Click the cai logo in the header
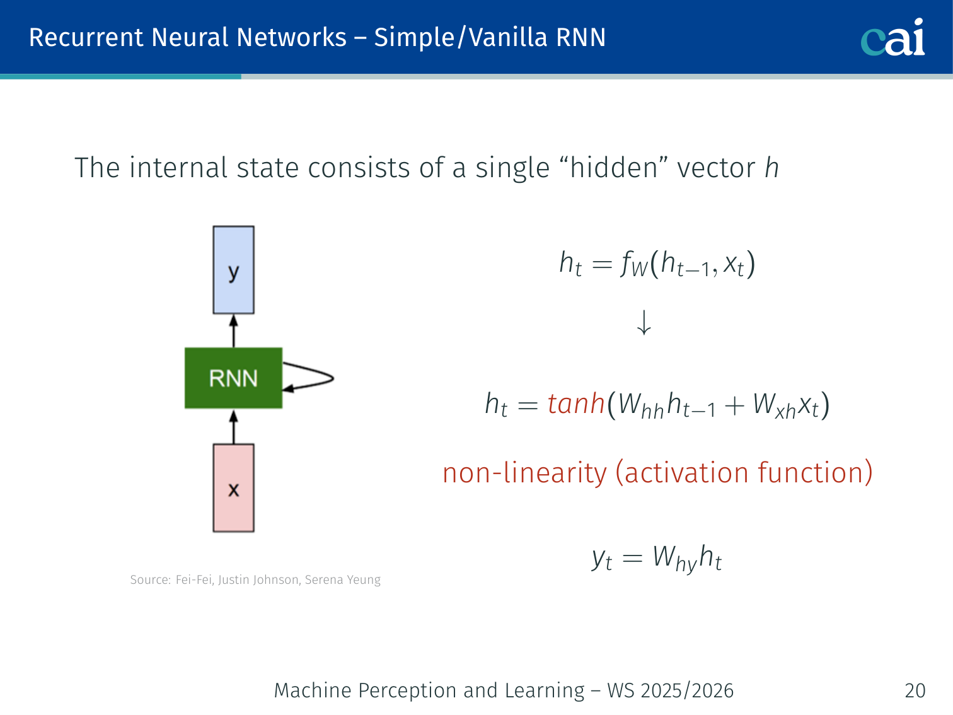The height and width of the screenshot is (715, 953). tap(892, 38)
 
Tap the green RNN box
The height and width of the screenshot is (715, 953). tap(233, 378)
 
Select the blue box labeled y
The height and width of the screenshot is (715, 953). tap(233, 270)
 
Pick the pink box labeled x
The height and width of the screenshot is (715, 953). tap(233, 488)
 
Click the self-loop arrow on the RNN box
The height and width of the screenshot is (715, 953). tap(315, 378)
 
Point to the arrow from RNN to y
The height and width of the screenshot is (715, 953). tap(233, 330)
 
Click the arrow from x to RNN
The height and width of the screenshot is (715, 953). tap(233, 426)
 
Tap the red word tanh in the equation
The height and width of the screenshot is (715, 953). tap(576, 404)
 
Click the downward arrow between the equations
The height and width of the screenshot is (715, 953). tap(644, 322)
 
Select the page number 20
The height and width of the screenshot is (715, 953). tap(915, 690)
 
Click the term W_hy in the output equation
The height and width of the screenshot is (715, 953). tap(674, 559)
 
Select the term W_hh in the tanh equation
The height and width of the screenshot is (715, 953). tap(640, 405)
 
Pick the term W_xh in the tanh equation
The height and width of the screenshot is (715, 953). tap(774, 405)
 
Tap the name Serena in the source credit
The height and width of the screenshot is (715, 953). tap(321, 580)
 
